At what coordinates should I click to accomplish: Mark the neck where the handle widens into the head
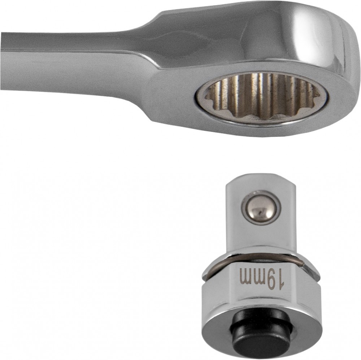pos(152,54)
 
